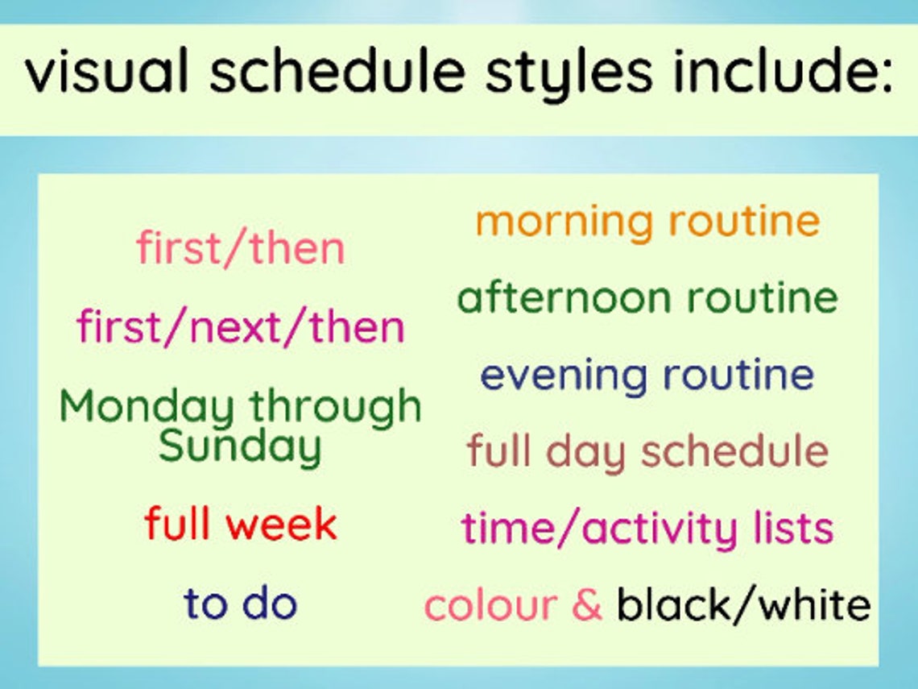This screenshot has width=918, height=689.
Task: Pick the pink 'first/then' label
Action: tap(240, 248)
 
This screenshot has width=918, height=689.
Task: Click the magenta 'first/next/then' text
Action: tap(240, 327)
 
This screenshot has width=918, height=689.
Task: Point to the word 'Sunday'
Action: tap(240, 446)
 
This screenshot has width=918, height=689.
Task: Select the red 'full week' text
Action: tap(240, 525)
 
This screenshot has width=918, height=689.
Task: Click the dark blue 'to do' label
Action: tap(240, 604)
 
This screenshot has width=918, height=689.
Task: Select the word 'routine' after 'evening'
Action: tap(738, 376)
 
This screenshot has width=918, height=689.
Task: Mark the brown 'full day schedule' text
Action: tap(647, 452)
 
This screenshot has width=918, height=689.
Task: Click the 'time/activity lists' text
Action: tap(647, 529)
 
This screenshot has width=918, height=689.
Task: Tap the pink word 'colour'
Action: tap(490, 605)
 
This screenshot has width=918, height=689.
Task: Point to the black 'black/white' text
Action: tap(743, 605)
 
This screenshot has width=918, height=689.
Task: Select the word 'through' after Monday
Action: tap(334, 406)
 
